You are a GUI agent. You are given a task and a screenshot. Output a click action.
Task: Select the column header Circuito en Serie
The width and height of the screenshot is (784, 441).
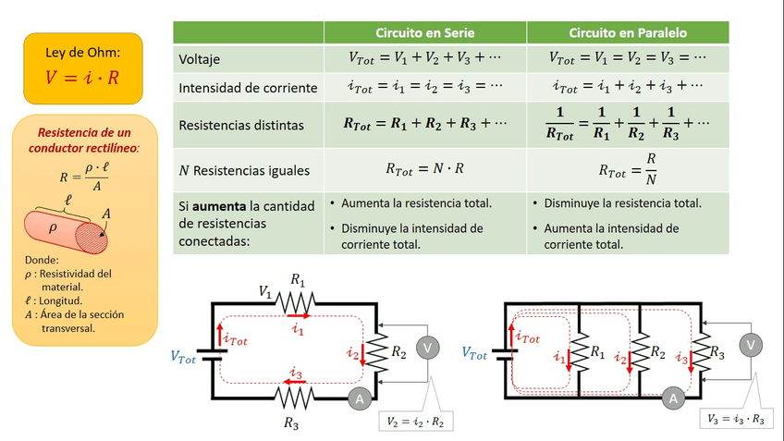425,32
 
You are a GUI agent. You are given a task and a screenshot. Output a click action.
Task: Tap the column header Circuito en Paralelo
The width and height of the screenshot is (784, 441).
628,32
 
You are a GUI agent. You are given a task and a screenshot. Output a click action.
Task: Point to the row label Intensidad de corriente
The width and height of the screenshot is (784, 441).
248,88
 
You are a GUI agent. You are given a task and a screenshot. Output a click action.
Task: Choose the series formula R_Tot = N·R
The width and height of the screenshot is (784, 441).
424,170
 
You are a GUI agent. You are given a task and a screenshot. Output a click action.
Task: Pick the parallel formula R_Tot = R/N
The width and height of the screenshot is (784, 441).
627,170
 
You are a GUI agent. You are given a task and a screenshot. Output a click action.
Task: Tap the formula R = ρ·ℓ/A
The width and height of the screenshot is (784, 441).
83,175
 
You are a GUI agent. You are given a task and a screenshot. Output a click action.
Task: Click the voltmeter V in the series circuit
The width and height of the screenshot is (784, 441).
427,347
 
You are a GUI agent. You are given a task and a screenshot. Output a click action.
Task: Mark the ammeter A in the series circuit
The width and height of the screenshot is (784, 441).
357,398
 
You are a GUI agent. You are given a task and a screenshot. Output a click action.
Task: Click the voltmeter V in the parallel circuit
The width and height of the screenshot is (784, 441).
753,345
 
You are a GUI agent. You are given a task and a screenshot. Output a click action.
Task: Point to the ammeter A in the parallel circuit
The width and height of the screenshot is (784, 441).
674,398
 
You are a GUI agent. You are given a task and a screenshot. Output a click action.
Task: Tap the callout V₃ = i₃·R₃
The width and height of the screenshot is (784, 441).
735,419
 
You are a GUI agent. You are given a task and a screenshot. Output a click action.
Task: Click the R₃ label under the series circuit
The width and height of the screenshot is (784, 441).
292,423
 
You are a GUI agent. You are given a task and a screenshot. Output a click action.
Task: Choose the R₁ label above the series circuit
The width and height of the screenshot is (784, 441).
298,278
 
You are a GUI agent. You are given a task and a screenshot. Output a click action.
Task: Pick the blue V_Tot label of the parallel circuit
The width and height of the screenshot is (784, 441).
475,353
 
